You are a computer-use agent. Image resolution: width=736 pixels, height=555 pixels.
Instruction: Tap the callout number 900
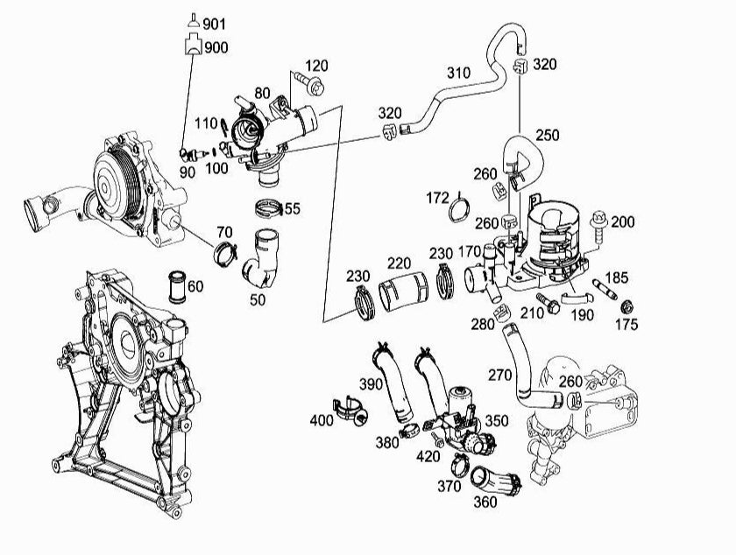coord(216,47)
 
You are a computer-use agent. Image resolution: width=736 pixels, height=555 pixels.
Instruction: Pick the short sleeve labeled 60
coord(179,286)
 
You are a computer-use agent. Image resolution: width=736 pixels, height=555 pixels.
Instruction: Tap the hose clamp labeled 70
coord(226,255)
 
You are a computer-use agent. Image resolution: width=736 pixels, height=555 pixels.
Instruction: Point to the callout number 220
coord(400,262)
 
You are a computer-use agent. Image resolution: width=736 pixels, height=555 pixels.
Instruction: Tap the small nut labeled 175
coord(627,307)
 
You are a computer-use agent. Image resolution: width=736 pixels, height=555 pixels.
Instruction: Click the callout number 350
coord(496,421)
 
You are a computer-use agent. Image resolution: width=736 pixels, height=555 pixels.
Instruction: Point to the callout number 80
coord(262,93)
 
